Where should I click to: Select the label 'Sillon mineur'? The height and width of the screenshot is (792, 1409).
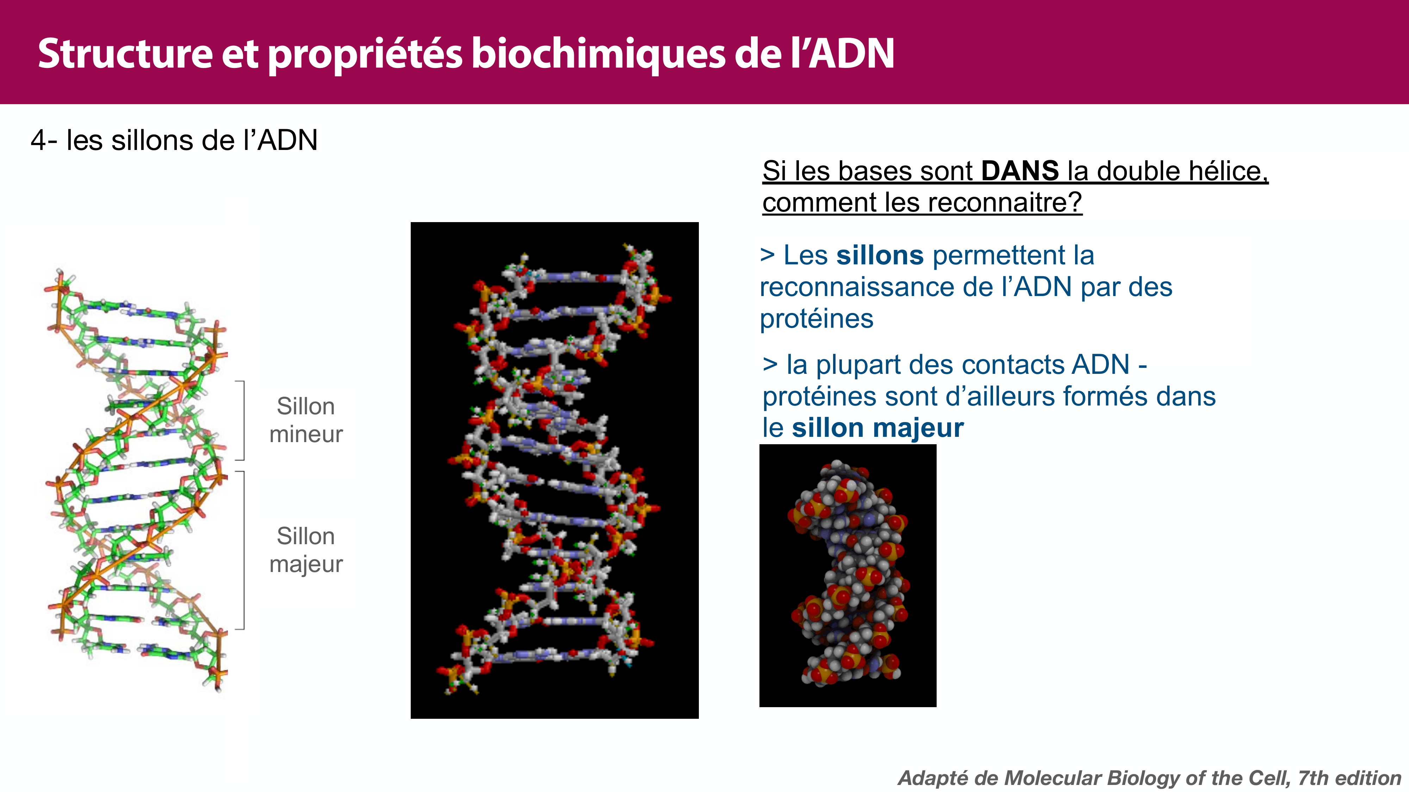click(x=306, y=420)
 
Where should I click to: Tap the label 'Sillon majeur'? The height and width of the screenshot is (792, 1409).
click(x=306, y=549)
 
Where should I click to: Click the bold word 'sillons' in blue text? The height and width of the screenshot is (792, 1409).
click(x=880, y=255)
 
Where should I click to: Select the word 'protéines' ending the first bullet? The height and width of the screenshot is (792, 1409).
click(x=816, y=319)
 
